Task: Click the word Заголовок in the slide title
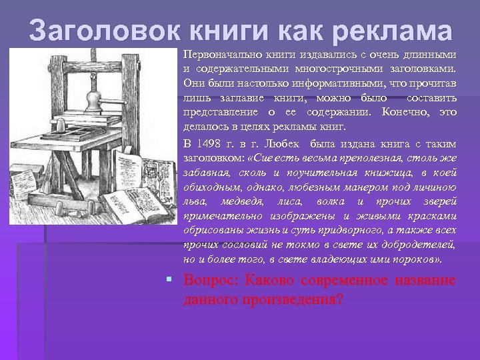(103, 32)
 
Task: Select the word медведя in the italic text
(241, 201)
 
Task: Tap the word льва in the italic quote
(194, 201)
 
